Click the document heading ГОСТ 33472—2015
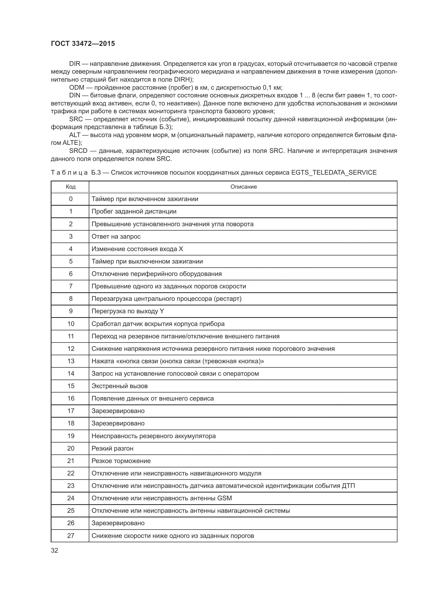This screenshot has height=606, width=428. (83, 44)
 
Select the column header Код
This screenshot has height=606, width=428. (71, 187)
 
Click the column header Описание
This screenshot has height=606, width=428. (243, 187)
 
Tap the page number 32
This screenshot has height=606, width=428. (55, 550)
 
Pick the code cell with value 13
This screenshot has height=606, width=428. (71, 361)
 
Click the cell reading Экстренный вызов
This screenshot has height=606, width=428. (119, 386)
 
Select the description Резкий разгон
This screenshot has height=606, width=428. (112, 448)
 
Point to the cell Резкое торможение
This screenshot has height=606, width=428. (121, 461)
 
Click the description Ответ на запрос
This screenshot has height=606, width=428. (116, 237)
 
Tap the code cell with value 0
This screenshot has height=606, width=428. (71, 199)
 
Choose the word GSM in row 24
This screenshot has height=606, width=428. (225, 498)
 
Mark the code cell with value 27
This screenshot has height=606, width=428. (71, 536)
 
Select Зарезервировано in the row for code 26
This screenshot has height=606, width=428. (118, 523)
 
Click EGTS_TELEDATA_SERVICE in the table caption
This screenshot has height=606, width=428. (334, 173)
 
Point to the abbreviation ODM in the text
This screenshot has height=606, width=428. (77, 88)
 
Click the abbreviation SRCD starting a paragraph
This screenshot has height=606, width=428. (78, 151)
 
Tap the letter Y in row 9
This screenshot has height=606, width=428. (161, 311)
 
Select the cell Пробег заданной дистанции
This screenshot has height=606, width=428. (134, 211)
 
